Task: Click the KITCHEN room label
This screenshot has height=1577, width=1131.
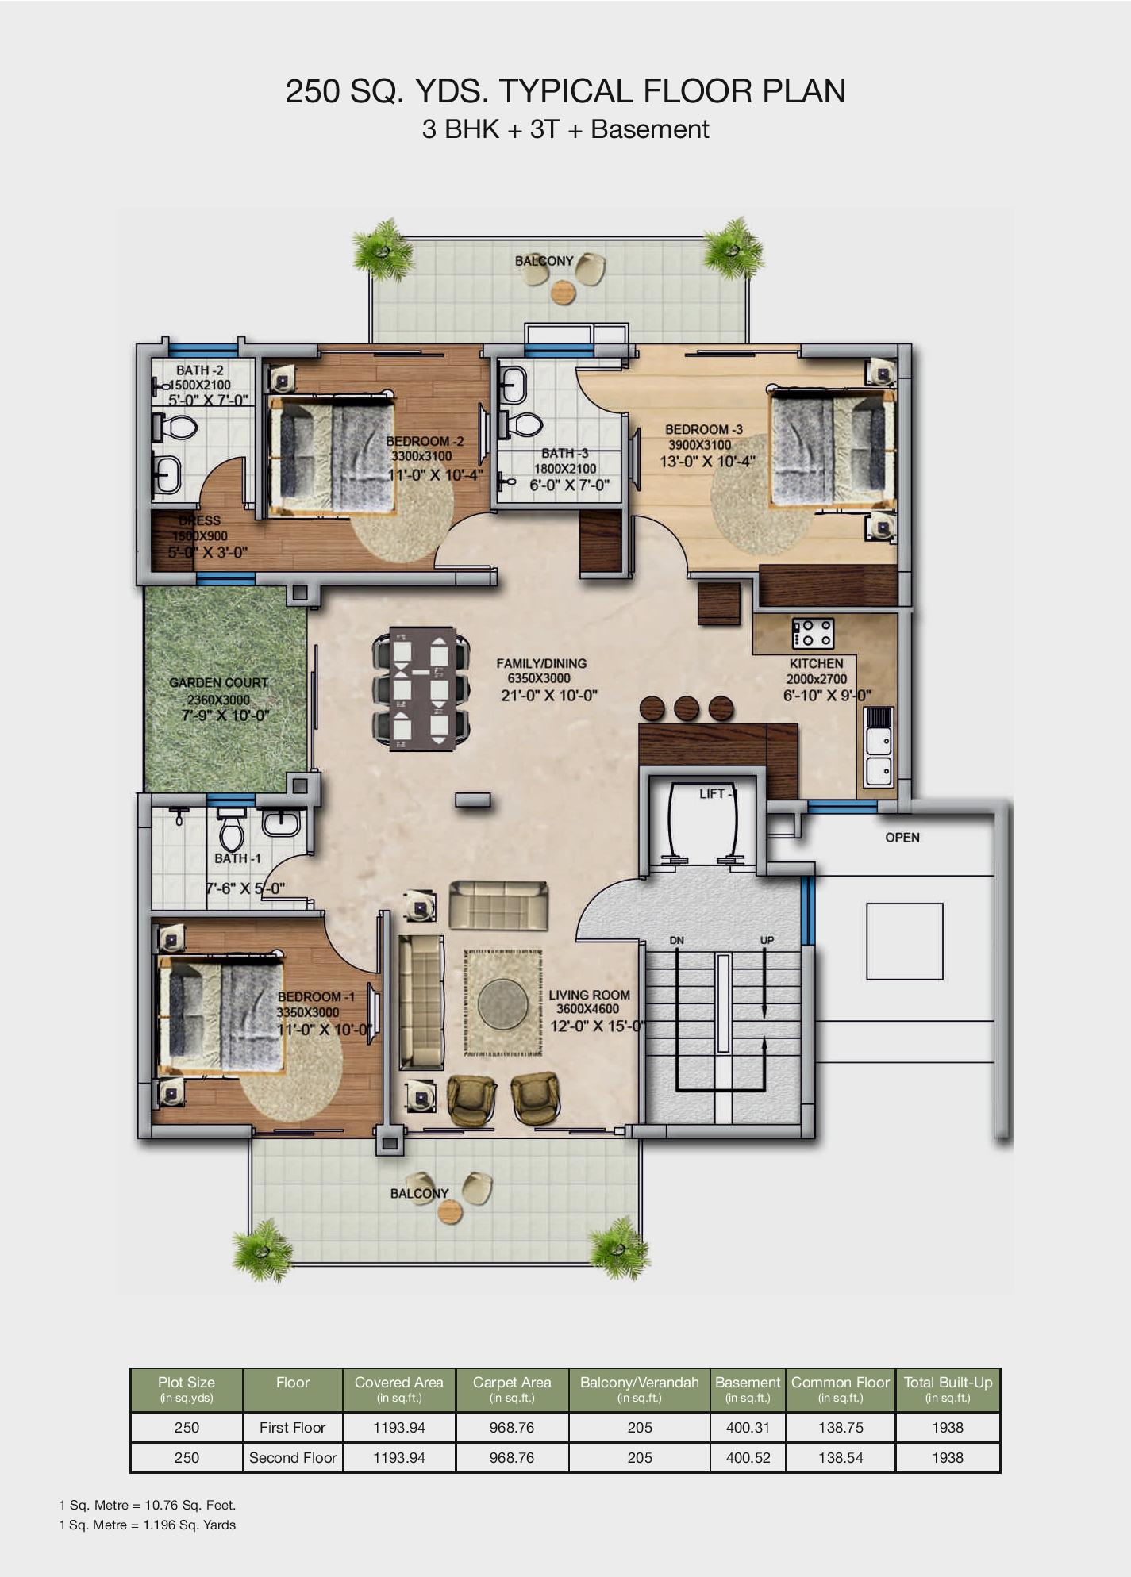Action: (x=816, y=663)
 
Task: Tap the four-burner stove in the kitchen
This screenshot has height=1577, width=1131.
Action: (x=813, y=633)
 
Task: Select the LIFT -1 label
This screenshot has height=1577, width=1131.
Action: (x=718, y=794)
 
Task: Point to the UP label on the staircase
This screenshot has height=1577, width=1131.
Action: (x=767, y=940)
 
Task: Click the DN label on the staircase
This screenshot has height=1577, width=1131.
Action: (x=676, y=941)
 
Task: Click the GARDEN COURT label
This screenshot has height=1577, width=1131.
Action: (x=218, y=682)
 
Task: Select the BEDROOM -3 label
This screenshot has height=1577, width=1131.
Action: (x=704, y=429)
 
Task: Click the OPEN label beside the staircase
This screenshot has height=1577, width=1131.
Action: (x=902, y=838)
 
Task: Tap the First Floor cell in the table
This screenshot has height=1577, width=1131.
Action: (x=292, y=1428)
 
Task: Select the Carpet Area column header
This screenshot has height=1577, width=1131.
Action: (x=512, y=1389)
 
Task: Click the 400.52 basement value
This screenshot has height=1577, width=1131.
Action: (x=748, y=1458)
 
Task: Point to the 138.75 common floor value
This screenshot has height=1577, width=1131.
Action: (x=841, y=1428)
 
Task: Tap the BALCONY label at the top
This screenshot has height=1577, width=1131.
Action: (x=544, y=261)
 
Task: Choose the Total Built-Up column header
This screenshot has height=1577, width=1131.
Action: (x=948, y=1389)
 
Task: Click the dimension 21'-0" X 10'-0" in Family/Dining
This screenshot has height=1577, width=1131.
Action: (x=548, y=696)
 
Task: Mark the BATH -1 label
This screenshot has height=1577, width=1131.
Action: (x=237, y=858)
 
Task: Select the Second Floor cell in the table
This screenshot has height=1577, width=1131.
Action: (x=293, y=1458)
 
